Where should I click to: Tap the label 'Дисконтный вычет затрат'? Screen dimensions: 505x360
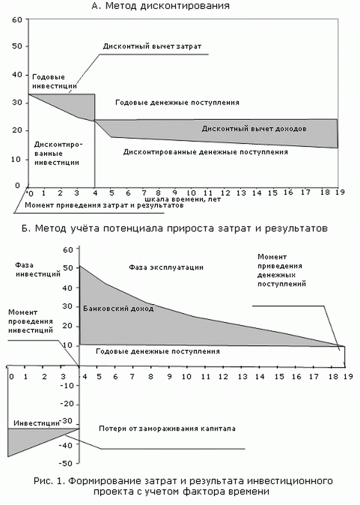[x=152, y=46]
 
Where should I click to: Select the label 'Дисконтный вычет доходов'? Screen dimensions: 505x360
[x=254, y=129]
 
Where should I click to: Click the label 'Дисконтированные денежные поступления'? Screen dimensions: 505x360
[x=201, y=151]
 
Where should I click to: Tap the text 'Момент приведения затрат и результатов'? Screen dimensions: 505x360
[x=104, y=205]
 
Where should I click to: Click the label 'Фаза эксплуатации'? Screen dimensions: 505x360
[x=166, y=267]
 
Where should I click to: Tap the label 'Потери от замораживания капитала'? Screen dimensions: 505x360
[x=167, y=428]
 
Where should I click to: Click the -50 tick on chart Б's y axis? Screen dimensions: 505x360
[x=66, y=463]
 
